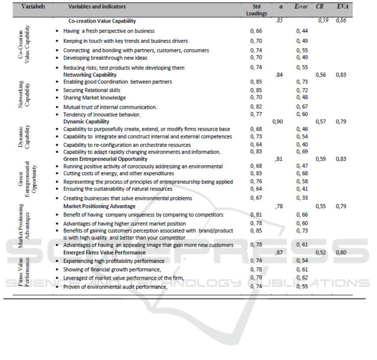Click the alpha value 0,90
tap(278, 121)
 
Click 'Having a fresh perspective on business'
tap(109, 31)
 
